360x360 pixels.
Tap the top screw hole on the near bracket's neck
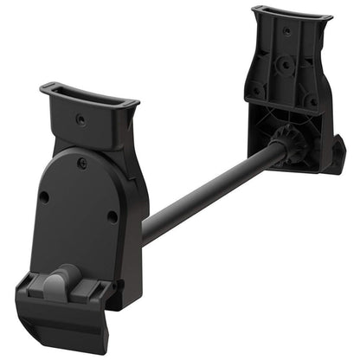[x=81, y=120]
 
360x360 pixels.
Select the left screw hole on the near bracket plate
[x=44, y=196]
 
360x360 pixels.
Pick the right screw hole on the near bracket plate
[x=112, y=215]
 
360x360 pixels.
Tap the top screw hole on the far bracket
[x=287, y=31]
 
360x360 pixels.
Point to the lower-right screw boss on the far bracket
[x=309, y=101]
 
